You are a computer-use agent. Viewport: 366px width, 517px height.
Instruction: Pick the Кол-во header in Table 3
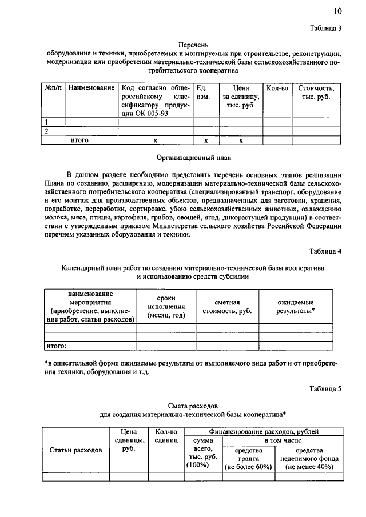(276, 89)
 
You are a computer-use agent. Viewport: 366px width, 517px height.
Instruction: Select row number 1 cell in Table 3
(46, 122)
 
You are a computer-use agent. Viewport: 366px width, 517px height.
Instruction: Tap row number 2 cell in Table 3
(46, 131)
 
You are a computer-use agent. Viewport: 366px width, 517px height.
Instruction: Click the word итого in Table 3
(79, 139)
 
